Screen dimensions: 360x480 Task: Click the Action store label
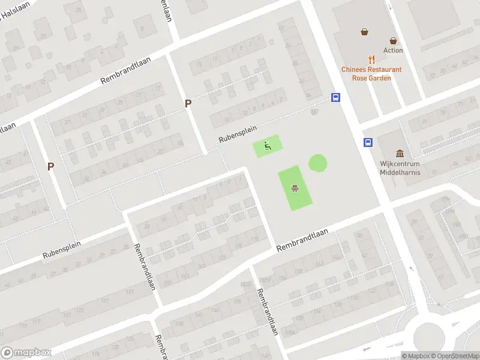pyautogui.click(x=393, y=50)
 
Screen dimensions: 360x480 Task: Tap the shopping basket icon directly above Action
pyautogui.click(x=393, y=41)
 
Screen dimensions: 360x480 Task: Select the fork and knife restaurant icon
pyautogui.click(x=372, y=59)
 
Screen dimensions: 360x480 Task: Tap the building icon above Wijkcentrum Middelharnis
pyautogui.click(x=400, y=154)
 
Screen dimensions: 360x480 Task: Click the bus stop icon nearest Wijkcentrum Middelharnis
pyautogui.click(x=367, y=143)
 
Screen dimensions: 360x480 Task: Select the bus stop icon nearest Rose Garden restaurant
pyautogui.click(x=335, y=98)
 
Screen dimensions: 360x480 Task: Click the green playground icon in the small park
pyautogui.click(x=268, y=145)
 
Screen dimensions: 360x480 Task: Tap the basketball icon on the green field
pyautogui.click(x=295, y=188)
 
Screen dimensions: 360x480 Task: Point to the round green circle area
pyautogui.click(x=318, y=163)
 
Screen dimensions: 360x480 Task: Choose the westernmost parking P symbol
pyautogui.click(x=51, y=166)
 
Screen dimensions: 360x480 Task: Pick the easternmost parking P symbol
pyautogui.click(x=188, y=103)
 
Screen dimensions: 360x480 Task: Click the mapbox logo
pyautogui.click(x=26, y=353)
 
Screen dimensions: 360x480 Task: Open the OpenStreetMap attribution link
pyautogui.click(x=455, y=356)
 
